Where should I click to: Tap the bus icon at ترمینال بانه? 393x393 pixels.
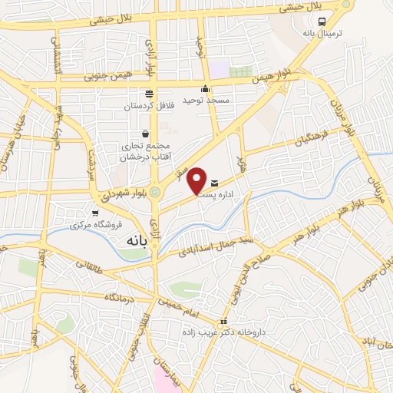click(x=323, y=22)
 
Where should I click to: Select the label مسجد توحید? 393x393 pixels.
click(x=205, y=100)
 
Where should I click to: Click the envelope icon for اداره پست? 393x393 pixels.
click(x=213, y=183)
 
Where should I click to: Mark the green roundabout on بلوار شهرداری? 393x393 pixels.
click(x=156, y=190)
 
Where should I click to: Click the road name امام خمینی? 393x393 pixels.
click(x=182, y=305)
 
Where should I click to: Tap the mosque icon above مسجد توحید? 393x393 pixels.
click(x=205, y=89)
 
